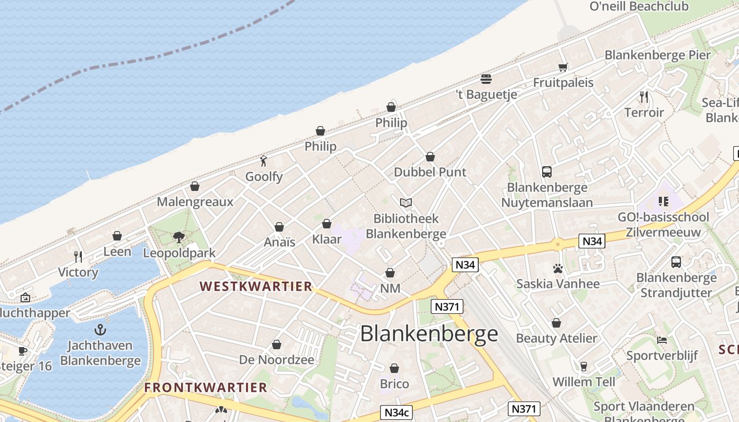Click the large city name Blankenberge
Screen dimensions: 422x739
click(x=429, y=333)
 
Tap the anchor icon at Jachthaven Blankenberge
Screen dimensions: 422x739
click(x=100, y=330)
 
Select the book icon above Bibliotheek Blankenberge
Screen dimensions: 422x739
click(x=406, y=203)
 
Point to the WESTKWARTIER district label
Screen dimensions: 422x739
click(x=256, y=286)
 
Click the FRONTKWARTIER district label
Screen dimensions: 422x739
click(x=206, y=388)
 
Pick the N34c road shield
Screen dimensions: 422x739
click(x=396, y=413)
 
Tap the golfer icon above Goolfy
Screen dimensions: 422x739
click(x=264, y=160)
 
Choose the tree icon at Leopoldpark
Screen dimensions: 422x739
click(x=179, y=237)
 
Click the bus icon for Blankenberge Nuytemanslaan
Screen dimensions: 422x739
click(x=547, y=172)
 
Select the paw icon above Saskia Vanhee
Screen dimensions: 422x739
click(x=558, y=268)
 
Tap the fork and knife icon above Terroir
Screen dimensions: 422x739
click(x=644, y=97)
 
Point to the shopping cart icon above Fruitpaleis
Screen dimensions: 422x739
click(x=563, y=68)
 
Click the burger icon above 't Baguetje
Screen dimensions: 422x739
click(x=486, y=79)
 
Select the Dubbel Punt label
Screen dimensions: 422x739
click(x=430, y=172)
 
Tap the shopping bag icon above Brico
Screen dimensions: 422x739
click(x=394, y=368)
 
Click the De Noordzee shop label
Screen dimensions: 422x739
click(x=277, y=360)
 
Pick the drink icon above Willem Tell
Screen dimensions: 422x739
click(x=584, y=366)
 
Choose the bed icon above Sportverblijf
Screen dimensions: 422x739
click(x=662, y=340)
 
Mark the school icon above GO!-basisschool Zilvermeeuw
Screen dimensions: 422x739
click(x=664, y=202)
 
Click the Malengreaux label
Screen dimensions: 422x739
click(x=195, y=202)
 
